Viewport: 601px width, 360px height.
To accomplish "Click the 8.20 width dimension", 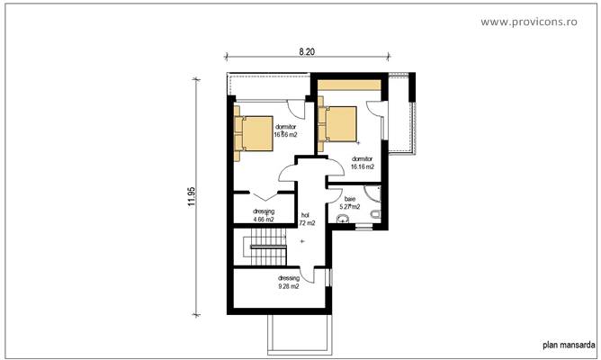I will coord(307,53).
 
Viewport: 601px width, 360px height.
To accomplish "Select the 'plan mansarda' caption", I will coord(567,344).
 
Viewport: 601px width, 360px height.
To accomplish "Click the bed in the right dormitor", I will coord(339,125).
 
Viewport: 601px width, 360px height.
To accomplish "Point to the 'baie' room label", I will coord(350,198).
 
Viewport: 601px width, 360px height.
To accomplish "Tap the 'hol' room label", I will coord(305,215).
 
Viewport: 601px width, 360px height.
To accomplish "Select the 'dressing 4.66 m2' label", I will coord(263,215).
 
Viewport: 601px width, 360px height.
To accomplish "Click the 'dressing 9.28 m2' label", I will coord(288,282).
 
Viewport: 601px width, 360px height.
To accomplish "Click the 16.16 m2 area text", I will coord(363,166).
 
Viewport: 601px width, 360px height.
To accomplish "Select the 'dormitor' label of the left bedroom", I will coord(286,127).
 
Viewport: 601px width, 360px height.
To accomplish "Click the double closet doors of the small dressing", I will coord(262,194).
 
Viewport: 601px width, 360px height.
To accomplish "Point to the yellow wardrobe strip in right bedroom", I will coord(349,85).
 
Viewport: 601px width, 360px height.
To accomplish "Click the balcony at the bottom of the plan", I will coord(298,334).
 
